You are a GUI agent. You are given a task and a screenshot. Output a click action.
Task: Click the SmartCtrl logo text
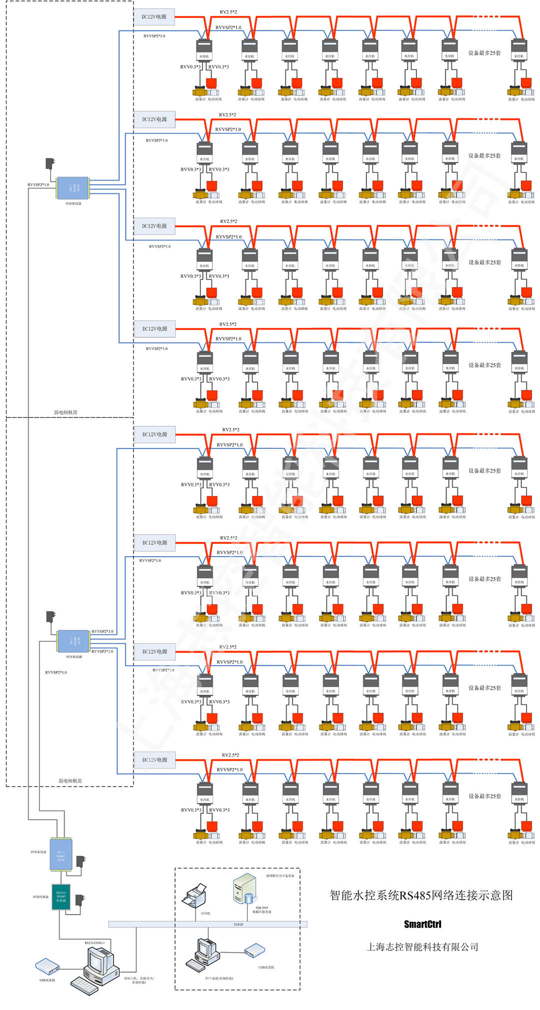422,924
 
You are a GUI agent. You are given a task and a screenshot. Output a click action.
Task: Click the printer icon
194,896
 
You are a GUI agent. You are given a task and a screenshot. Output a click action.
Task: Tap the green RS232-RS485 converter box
60,897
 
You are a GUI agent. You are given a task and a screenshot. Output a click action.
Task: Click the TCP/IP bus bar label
238,925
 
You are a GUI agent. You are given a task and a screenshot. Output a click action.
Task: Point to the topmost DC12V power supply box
154,16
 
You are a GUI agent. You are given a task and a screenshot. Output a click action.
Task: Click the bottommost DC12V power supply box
154,760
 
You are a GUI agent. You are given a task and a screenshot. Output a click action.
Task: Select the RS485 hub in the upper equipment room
73,188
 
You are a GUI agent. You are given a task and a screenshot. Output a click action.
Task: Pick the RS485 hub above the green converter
61,854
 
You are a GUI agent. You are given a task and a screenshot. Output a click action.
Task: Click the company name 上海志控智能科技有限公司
422,947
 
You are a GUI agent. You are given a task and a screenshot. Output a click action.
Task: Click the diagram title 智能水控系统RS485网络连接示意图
421,895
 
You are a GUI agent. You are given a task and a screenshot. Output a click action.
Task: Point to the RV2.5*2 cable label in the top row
228,12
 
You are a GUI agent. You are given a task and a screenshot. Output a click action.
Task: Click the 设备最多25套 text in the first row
484,52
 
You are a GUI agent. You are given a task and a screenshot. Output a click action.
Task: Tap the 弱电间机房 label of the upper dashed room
65,412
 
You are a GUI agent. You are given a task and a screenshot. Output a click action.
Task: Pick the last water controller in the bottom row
519,792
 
